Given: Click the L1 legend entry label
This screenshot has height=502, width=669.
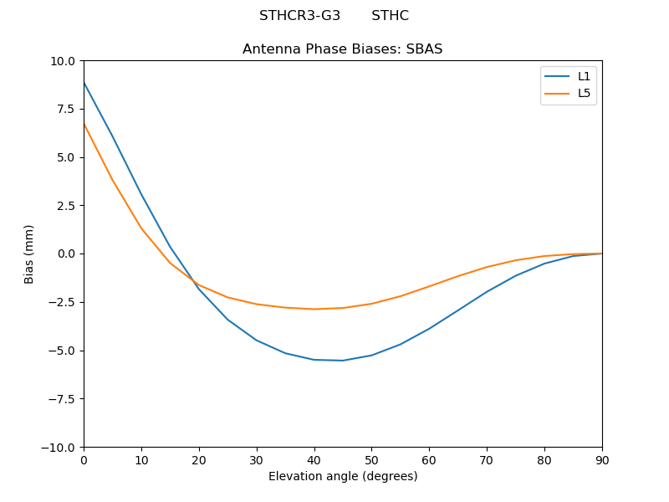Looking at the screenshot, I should point(584,76).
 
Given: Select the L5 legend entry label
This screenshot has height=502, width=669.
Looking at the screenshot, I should point(584,93).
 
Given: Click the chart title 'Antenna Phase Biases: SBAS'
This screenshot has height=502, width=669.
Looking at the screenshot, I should point(342,49).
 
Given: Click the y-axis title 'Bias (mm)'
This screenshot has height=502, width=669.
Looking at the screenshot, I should point(29,254).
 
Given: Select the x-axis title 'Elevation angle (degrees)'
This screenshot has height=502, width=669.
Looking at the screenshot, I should point(342,477).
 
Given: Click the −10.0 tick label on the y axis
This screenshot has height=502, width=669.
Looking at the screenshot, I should point(60,448).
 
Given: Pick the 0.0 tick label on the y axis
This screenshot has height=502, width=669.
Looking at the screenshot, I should point(67,254).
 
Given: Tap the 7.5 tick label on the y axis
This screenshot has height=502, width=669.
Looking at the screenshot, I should point(67,109).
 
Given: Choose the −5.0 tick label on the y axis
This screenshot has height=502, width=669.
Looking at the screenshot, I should point(64,351).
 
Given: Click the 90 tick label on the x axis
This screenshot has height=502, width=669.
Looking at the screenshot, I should point(601,460).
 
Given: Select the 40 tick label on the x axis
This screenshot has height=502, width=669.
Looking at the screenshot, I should point(314,460).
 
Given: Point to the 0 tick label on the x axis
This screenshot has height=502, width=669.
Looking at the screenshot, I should point(84,460).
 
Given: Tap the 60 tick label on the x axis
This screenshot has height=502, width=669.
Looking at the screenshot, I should point(429,460).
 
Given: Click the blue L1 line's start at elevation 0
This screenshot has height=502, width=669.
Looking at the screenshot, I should point(84,82).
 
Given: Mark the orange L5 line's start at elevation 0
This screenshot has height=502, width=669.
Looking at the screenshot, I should point(84,124).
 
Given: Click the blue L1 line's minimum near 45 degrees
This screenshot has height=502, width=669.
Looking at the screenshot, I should point(342,361).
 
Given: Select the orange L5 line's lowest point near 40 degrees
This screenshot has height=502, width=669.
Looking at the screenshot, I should point(314,309).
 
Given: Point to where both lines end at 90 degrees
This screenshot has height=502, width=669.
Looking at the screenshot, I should point(601,254).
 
